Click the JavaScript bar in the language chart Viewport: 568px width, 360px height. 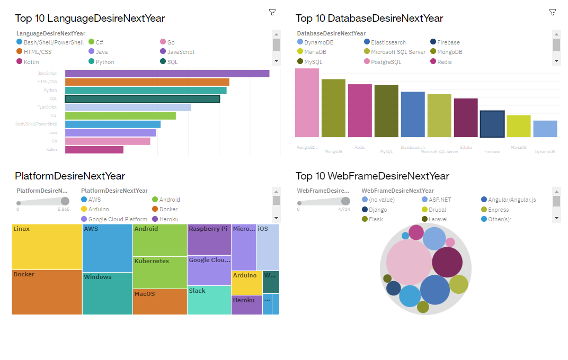167,74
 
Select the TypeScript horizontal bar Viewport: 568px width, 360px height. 128,107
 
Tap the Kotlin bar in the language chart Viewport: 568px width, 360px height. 94,150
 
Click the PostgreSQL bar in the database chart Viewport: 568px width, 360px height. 307,103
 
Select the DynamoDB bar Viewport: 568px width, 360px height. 545,129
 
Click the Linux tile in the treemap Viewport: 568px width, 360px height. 47,247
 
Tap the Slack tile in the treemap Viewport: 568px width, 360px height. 209,300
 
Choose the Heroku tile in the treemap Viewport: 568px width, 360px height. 246,305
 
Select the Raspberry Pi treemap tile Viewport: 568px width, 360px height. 209,240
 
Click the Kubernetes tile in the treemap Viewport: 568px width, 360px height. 159,272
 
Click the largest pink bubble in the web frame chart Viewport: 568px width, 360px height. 409,262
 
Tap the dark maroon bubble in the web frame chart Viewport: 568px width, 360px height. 447,262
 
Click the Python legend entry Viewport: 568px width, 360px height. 104,62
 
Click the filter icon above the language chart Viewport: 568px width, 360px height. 272,12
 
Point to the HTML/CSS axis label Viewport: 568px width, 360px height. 47,82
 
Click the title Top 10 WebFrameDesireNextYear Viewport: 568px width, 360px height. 372,176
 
